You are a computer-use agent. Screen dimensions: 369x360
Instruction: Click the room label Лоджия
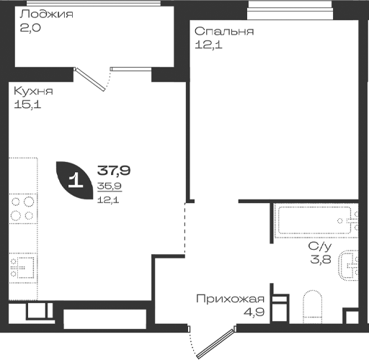(46, 14)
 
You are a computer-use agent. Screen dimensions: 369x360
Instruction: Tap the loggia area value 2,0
(30, 28)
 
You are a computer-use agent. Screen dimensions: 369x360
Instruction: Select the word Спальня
(224, 32)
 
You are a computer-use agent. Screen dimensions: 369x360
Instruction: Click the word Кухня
(33, 91)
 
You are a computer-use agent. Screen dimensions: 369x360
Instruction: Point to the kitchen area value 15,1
(27, 104)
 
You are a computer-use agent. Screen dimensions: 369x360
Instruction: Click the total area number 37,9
(114, 171)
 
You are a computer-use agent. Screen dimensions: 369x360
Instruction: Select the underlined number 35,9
(110, 186)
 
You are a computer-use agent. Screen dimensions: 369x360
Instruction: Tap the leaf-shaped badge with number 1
(74, 181)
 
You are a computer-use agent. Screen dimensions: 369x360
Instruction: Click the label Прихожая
(231, 299)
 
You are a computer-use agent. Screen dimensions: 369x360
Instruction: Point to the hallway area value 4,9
(254, 312)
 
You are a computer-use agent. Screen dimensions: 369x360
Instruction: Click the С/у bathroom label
(320, 246)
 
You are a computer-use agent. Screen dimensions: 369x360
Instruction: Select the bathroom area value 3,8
(321, 259)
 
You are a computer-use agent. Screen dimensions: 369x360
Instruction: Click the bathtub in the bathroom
(316, 220)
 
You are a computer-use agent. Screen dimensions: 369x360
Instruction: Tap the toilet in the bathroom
(312, 307)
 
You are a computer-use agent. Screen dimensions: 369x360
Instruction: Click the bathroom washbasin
(348, 265)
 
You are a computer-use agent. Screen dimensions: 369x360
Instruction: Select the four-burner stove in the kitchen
(23, 208)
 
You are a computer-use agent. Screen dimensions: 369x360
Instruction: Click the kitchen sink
(23, 267)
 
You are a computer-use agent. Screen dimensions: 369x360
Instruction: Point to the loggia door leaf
(89, 79)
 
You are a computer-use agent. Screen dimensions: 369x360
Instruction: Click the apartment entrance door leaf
(215, 343)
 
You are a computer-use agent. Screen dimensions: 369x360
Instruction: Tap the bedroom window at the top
(290, 10)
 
